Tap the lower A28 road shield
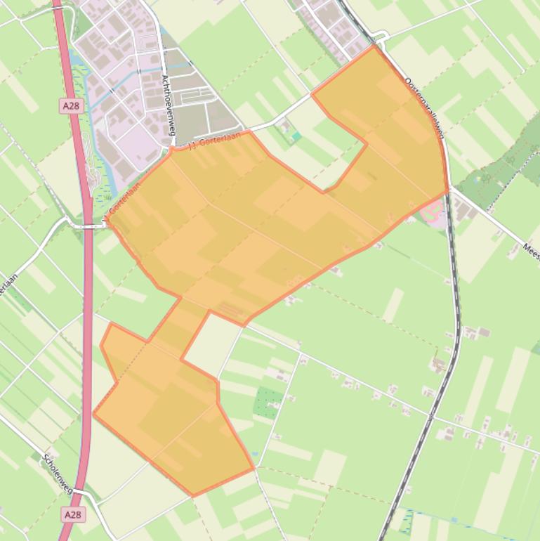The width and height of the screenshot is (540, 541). (x=71, y=515)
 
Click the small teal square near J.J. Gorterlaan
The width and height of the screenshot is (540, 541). (x=296, y=136)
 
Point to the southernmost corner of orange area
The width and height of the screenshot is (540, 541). (x=192, y=495)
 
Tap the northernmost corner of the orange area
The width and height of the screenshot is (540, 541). (x=374, y=46)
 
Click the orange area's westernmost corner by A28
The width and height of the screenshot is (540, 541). (x=93, y=413)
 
